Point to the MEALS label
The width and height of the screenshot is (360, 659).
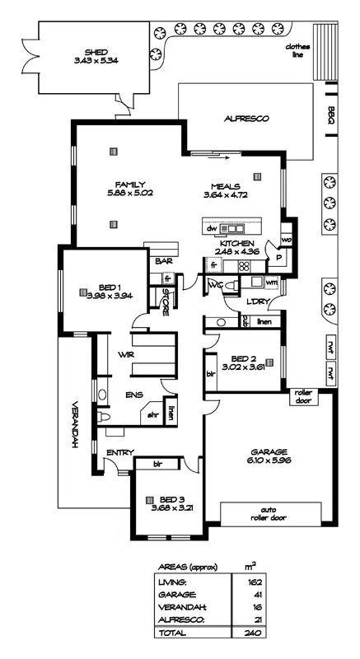click(x=226, y=185)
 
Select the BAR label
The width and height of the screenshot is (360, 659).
click(x=161, y=262)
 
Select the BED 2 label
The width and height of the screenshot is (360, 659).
click(x=243, y=359)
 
